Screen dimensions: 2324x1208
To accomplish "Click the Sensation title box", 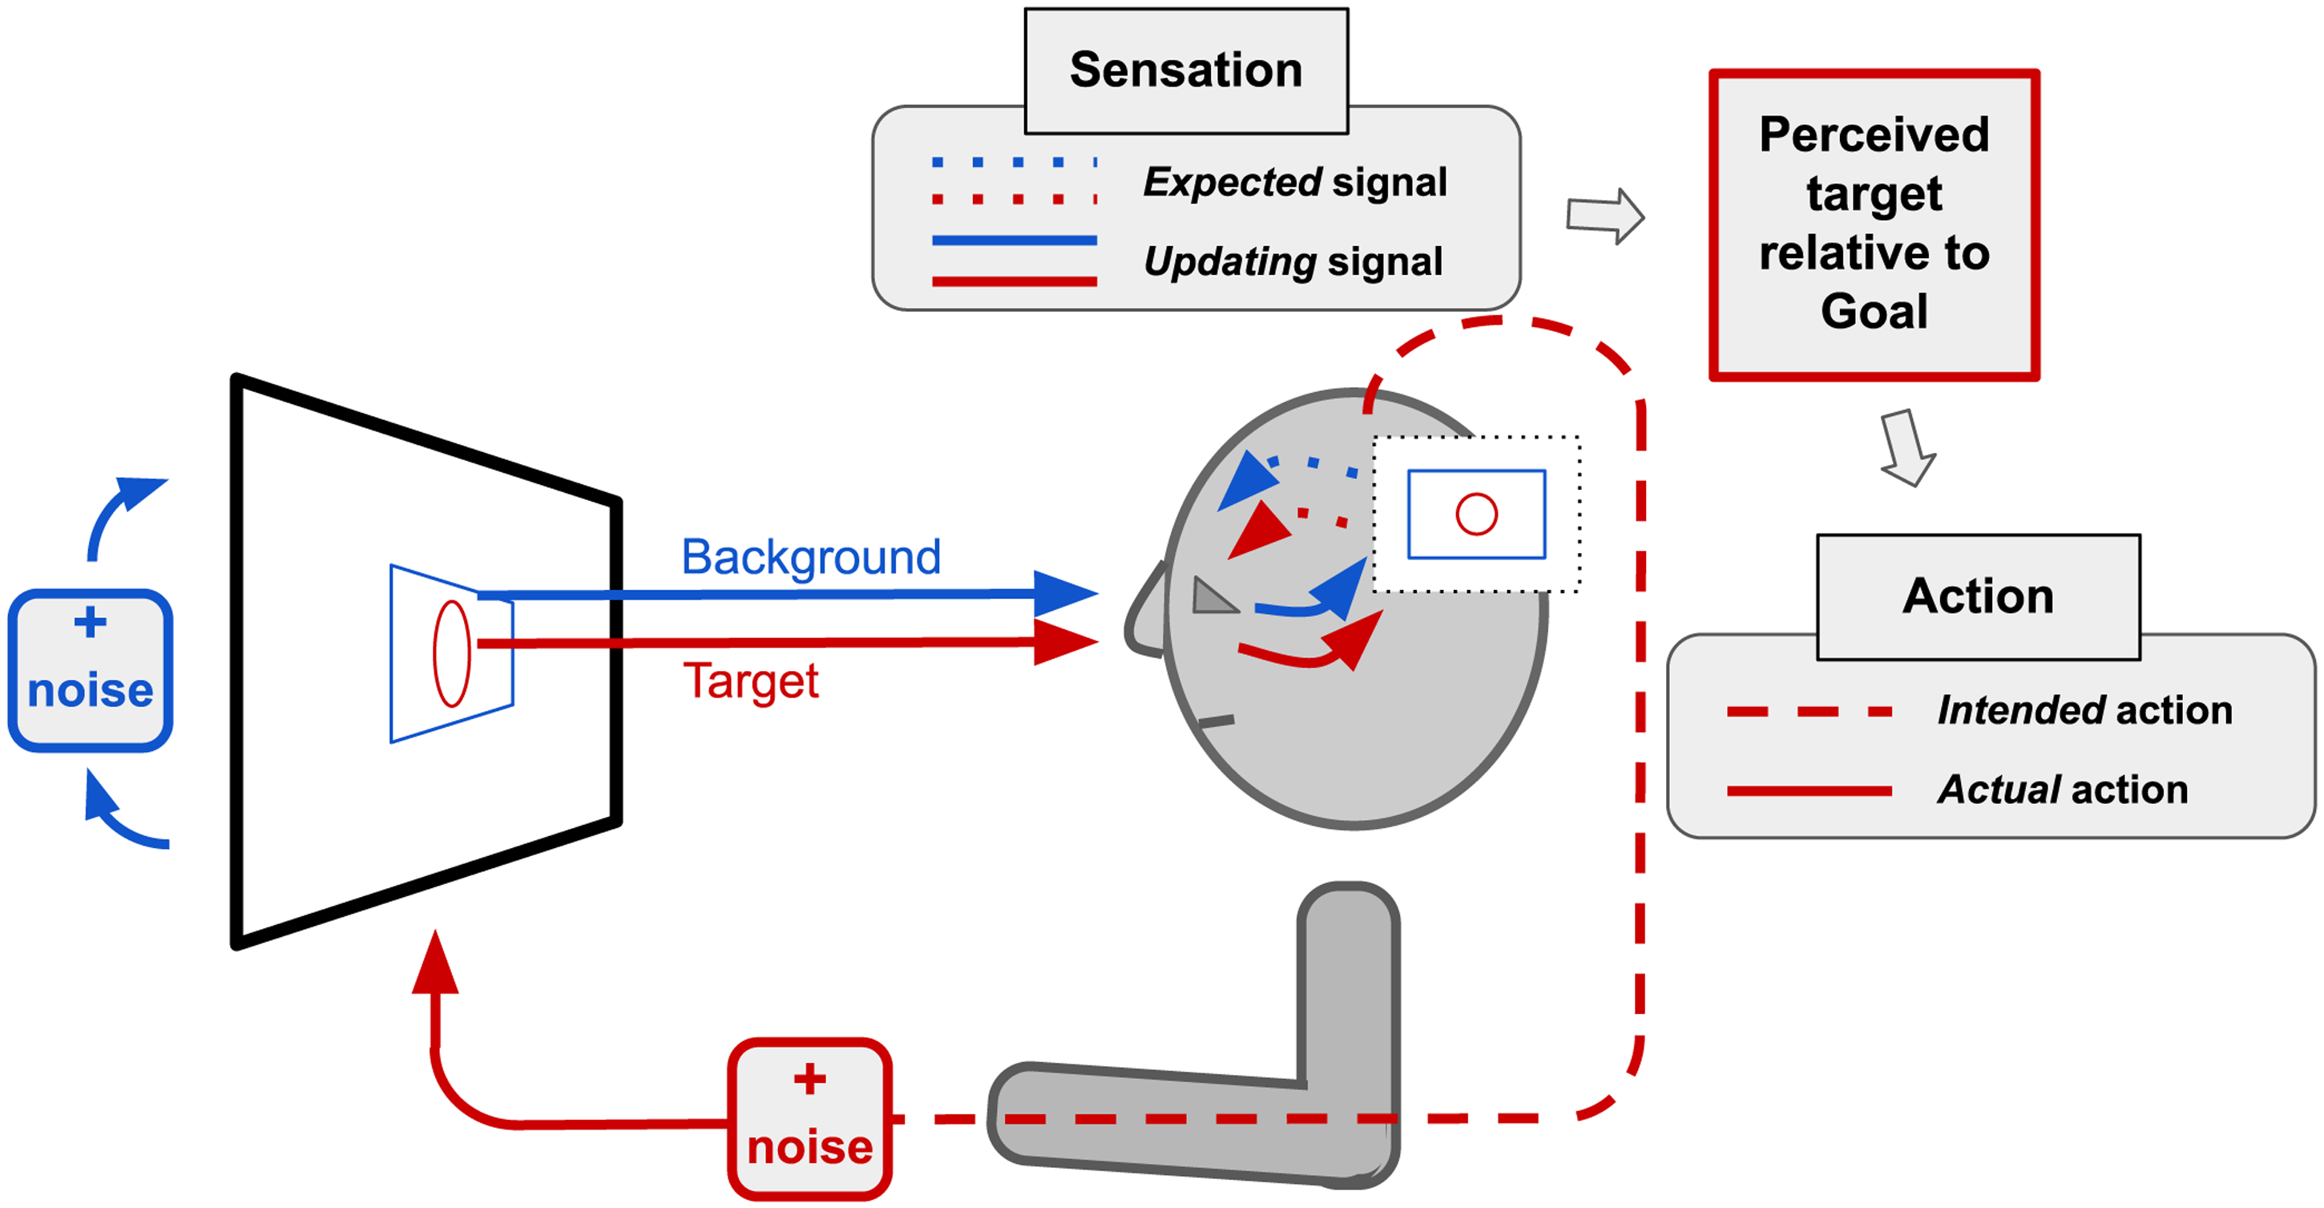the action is (1186, 71).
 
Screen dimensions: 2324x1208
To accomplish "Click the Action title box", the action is (1979, 597).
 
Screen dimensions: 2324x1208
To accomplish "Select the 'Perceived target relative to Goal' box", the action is (1874, 224).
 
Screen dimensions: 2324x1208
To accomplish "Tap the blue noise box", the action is (91, 670).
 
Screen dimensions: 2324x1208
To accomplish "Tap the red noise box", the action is (810, 1119).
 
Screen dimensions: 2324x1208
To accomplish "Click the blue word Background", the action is (811, 556).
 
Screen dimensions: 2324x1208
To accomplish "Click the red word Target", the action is (751, 681).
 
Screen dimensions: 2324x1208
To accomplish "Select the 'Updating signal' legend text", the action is (1293, 261).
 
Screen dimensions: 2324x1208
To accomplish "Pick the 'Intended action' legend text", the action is (2085, 710).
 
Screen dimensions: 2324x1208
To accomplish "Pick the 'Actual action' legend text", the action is (2064, 790).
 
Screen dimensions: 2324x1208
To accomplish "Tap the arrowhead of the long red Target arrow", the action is (1067, 642).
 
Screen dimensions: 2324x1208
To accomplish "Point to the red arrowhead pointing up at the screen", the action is (436, 962).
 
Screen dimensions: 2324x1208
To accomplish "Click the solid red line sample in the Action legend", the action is (1809, 791).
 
